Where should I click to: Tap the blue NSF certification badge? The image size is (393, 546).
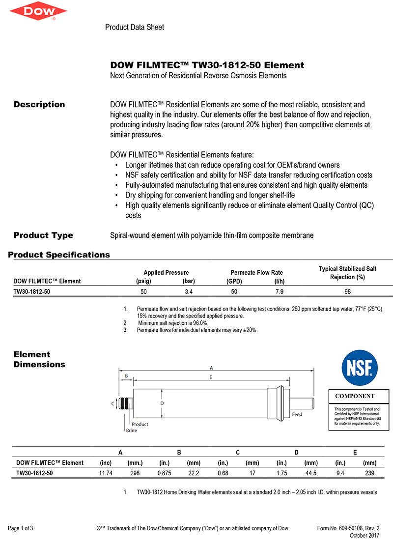click(360, 368)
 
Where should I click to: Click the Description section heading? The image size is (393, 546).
click(39, 104)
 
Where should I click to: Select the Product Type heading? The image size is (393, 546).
click(43, 235)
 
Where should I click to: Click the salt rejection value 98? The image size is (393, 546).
click(348, 291)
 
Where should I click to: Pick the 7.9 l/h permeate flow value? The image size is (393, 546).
click(279, 291)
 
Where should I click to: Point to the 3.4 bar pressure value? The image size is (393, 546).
click(188, 291)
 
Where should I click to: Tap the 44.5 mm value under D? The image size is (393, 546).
click(310, 473)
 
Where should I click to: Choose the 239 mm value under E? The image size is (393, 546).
click(370, 473)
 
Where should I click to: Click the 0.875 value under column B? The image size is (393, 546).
click(164, 473)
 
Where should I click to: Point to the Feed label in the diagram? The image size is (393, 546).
click(297, 415)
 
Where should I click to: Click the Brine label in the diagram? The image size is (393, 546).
click(132, 431)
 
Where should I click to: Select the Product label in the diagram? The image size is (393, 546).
click(140, 424)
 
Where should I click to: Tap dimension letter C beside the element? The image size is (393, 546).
click(112, 403)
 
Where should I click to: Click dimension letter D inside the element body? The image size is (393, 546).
click(162, 403)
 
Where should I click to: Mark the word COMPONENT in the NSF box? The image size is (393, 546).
click(355, 396)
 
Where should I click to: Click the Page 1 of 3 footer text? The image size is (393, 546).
click(21, 528)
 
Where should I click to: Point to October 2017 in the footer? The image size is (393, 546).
click(365, 536)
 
